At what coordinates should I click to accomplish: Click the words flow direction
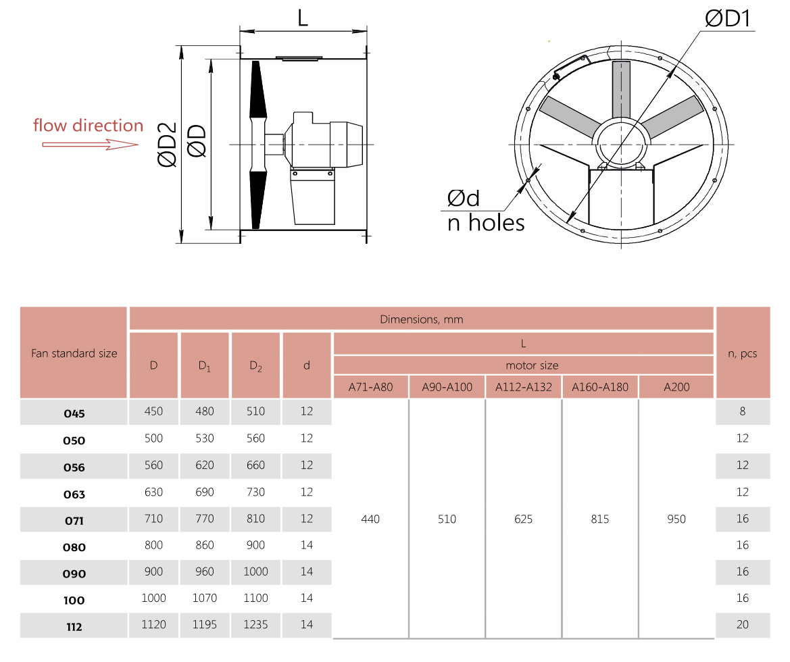click(x=89, y=126)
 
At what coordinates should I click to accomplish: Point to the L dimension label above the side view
click(x=303, y=18)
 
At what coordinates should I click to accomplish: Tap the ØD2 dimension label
click(x=167, y=145)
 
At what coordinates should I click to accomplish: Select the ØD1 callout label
click(x=728, y=19)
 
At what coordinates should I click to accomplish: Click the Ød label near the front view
click(x=464, y=198)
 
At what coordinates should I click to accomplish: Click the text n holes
click(x=486, y=222)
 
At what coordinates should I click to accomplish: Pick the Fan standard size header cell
click(x=74, y=353)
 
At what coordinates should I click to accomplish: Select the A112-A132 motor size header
click(x=523, y=387)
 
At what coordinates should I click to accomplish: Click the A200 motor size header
click(x=676, y=387)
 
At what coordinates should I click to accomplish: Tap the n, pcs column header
click(x=743, y=353)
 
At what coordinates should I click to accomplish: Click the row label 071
click(x=74, y=521)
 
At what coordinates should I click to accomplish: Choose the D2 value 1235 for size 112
click(x=255, y=625)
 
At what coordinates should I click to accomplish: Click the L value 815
click(x=599, y=519)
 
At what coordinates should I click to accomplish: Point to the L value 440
click(x=370, y=519)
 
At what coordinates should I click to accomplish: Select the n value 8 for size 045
click(x=743, y=411)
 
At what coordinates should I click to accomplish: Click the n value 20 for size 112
click(x=743, y=625)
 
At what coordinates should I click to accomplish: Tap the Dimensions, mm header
click(x=422, y=319)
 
